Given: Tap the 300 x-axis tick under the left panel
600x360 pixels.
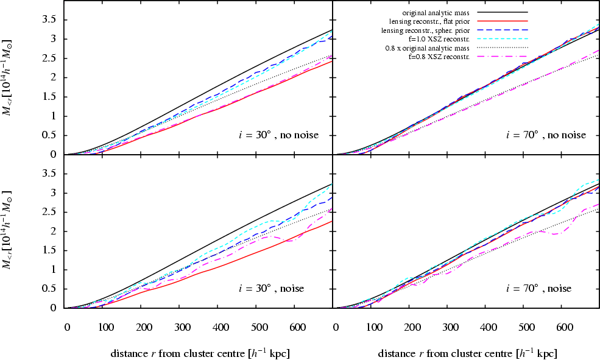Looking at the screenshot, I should tap(180, 326).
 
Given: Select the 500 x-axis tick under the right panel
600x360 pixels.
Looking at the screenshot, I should tap(523, 326).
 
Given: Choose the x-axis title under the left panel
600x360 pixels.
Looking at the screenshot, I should tap(200, 353).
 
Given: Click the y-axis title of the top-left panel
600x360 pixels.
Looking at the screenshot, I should tap(10, 78).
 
